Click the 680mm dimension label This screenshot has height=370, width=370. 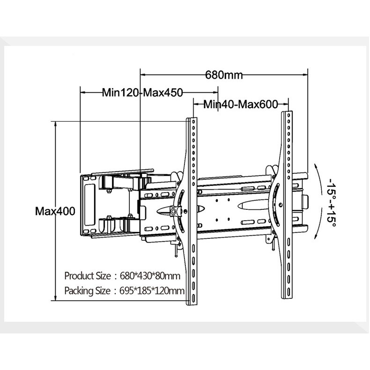pyautogui.click(x=224, y=75)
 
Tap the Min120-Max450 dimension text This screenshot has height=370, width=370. pyautogui.click(x=142, y=93)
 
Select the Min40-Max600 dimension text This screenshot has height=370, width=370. pyautogui.click(x=241, y=104)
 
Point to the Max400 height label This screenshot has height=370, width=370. pyautogui.click(x=55, y=211)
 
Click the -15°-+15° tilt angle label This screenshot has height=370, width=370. pyautogui.click(x=332, y=202)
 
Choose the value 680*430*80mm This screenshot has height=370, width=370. pyautogui.click(x=150, y=276)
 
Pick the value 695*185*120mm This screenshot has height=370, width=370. pyautogui.click(x=152, y=291)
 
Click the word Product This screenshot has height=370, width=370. pyautogui.click(x=79, y=276)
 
